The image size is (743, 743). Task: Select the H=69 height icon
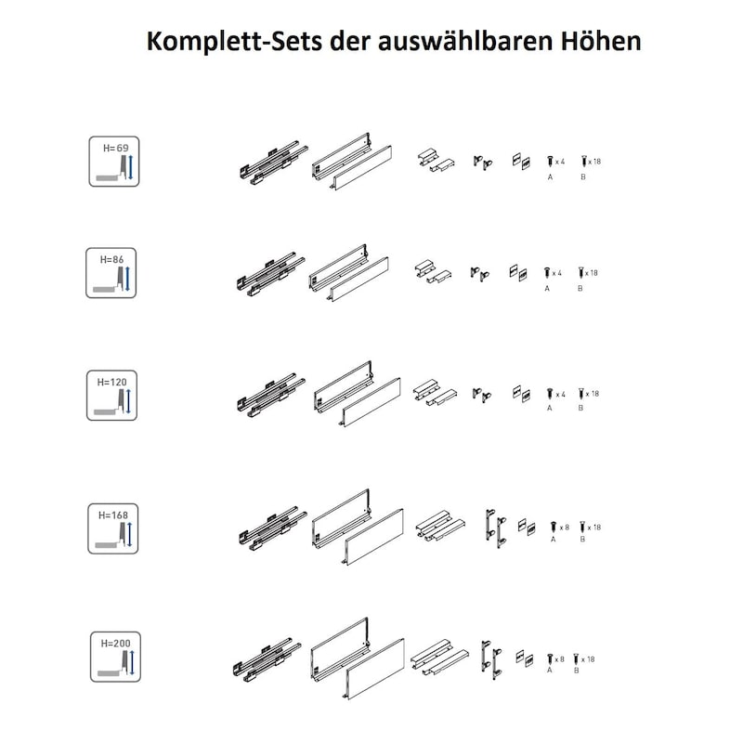pos(114,162)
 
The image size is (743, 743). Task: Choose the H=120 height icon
pos(112,395)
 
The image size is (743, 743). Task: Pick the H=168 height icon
pos(113,528)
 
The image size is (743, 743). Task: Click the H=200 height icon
pos(116,656)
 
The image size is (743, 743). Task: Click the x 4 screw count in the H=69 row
pos(560,162)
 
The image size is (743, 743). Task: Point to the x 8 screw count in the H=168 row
pos(561,527)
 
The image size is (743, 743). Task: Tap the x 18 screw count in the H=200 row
pos(591,658)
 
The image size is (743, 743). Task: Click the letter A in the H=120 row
pos(550,408)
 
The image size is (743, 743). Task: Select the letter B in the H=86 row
pos(580,289)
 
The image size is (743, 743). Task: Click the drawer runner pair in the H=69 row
pos(269,162)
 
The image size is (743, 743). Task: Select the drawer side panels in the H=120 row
pos(358,396)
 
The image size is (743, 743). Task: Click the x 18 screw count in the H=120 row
pos(593,394)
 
